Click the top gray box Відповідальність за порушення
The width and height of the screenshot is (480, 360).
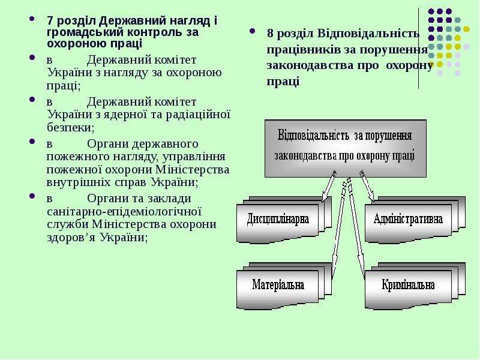pos(346,148)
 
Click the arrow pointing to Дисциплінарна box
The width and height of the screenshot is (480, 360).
pos(329,186)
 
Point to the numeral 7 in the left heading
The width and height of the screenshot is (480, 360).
pos(50,21)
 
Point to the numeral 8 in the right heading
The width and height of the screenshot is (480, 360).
pos(270,33)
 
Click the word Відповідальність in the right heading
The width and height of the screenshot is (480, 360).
pos(368,33)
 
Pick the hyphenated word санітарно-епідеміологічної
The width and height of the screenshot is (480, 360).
pos(124,212)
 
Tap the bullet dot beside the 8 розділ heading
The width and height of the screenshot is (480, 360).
pos(252,31)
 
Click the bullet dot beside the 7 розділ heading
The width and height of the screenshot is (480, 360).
pos(32,19)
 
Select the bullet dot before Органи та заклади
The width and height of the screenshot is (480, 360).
pos(32,196)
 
